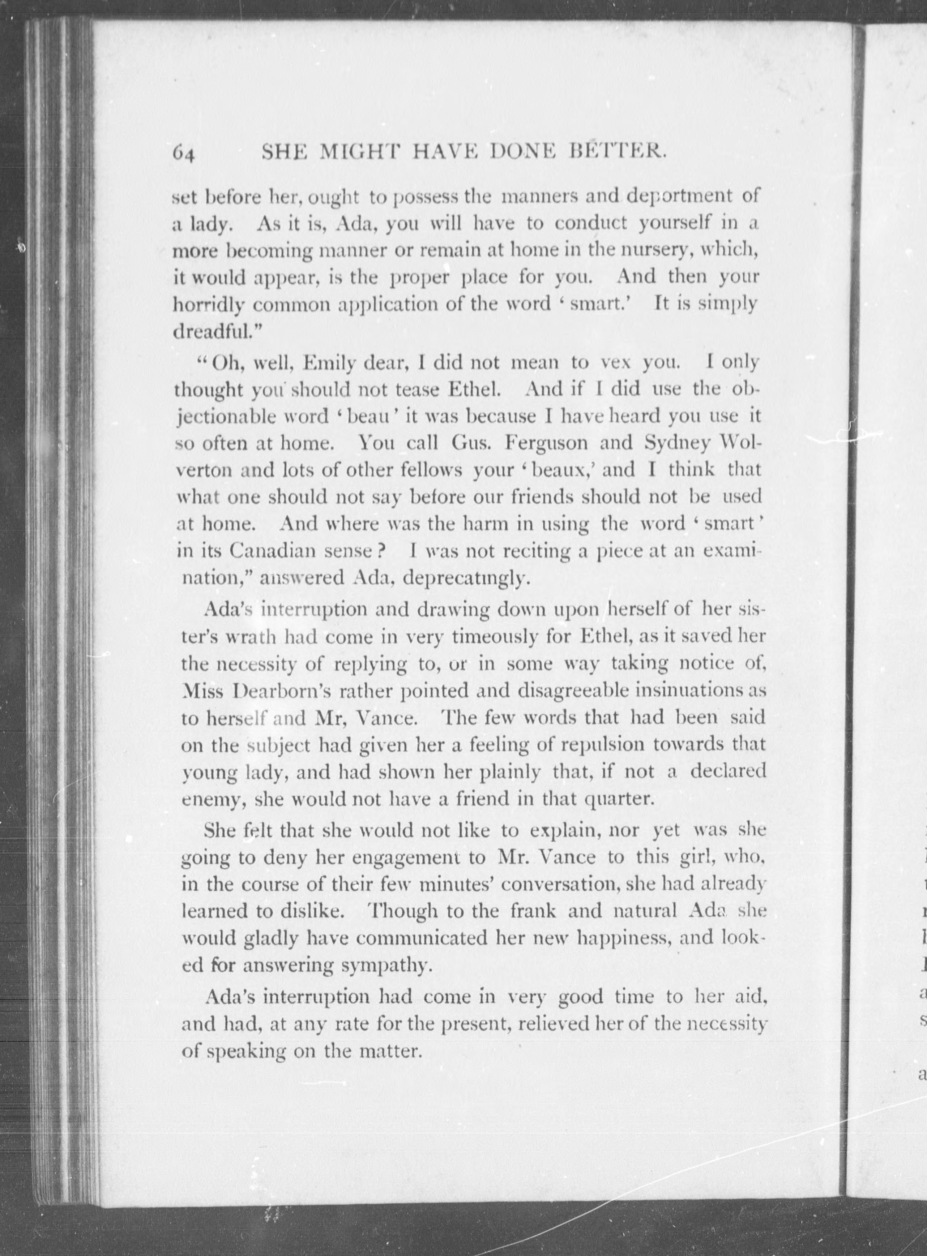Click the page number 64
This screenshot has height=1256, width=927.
pos(184,153)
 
